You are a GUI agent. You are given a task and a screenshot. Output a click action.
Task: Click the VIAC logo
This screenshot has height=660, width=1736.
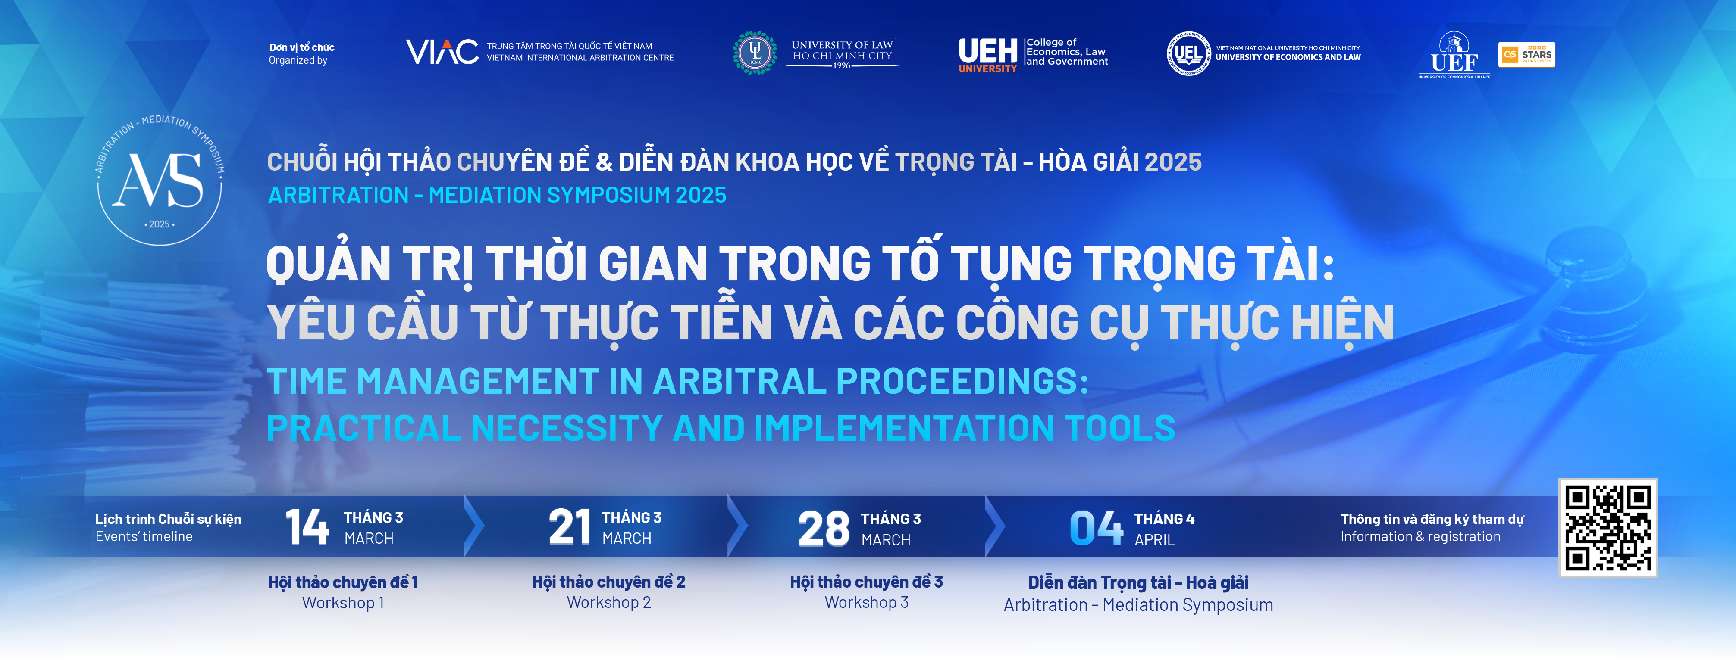442,52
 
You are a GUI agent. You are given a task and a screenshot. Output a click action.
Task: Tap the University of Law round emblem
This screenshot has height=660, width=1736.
755,52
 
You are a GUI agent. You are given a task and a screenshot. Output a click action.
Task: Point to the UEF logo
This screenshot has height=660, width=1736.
1454,55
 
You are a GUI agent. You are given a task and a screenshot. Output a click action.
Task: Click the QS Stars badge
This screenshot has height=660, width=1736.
1526,55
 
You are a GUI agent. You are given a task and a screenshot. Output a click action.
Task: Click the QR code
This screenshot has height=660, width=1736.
1608,527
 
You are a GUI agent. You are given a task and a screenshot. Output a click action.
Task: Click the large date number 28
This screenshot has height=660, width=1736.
824,528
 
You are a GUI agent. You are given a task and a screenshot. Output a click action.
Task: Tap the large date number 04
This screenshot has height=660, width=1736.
1097,528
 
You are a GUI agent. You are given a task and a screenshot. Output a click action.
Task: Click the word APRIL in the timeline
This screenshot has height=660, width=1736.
1154,540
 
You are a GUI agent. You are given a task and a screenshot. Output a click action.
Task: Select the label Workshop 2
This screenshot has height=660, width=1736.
608,602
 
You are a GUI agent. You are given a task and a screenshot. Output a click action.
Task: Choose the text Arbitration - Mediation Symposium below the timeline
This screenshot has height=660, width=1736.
1138,605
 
